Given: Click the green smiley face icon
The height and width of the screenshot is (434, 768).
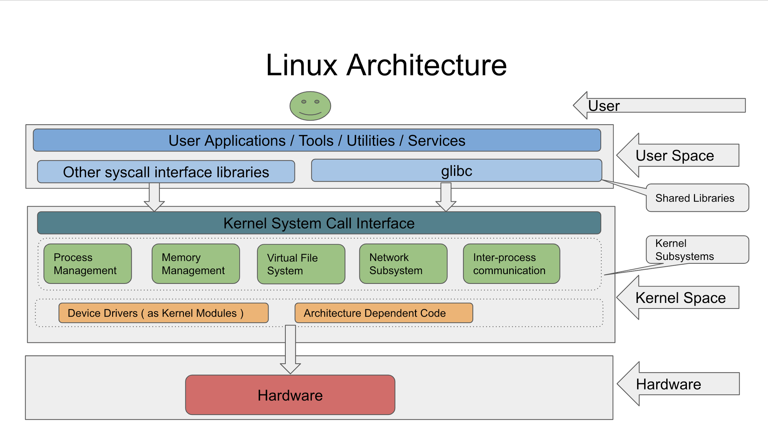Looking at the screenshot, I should pos(310,106).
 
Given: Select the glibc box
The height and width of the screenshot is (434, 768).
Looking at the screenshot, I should pos(456,171).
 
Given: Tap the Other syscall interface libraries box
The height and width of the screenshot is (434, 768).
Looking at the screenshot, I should pos(166,172).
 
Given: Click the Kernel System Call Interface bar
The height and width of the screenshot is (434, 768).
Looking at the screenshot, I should pos(319,223).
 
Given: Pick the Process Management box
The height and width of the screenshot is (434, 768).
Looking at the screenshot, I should pos(88,264).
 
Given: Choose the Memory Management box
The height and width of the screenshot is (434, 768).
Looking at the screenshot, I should pos(196,264).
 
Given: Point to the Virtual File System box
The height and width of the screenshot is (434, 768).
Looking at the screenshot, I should pos(301,264).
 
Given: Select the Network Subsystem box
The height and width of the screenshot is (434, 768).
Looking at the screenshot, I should pos(403,264).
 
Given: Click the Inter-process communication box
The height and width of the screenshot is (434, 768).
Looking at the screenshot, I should pos(511,264).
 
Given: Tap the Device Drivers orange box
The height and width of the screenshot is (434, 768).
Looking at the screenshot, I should pos(163,313).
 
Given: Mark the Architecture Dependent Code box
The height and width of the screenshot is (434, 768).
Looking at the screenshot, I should pos(384,313).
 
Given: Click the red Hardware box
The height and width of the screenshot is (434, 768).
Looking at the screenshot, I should pos(290,395).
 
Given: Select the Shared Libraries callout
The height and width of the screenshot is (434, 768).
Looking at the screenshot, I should pos(697,198).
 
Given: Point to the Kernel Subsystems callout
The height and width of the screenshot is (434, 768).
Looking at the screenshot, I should pos(697,250).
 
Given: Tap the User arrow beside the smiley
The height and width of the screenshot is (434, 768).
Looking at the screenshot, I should pos(660,106).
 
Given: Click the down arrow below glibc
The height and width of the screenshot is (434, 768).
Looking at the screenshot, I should pos(446,196).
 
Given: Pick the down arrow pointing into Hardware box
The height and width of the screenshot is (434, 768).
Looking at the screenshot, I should pos(290,350).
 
